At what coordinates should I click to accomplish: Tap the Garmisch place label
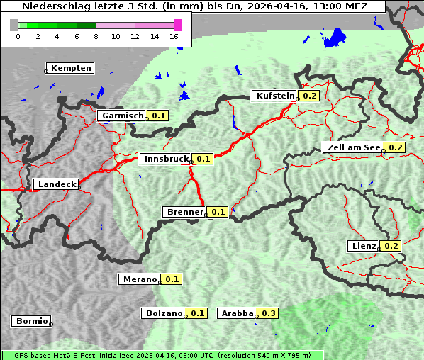tap(123, 116)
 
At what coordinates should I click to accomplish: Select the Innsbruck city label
tap(166, 159)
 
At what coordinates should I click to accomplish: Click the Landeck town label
tap(57, 184)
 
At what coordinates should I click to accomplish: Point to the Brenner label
tap(184, 212)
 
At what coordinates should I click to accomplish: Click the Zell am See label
tap(352, 147)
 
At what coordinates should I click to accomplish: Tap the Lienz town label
tap(364, 246)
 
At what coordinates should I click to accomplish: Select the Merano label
tap(139, 279)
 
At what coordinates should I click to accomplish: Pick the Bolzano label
tap(164, 313)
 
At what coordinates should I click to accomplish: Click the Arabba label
tap(237, 313)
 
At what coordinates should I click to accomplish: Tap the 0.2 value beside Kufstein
tap(309, 96)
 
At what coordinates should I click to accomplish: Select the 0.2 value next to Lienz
tap(391, 246)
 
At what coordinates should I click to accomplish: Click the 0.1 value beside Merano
tap(172, 279)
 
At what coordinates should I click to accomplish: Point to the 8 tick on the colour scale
tap(96, 36)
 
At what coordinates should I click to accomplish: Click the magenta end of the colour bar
tap(177, 25)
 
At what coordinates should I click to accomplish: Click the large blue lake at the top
tap(333, 38)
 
